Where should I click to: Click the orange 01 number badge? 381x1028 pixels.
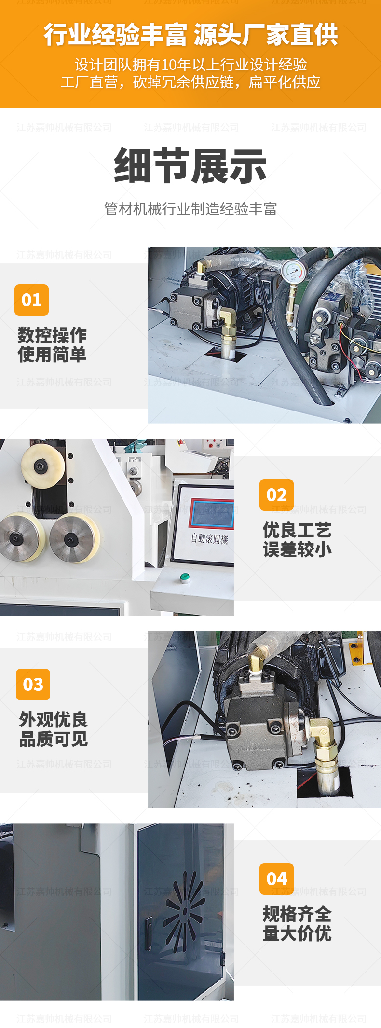point(31,300)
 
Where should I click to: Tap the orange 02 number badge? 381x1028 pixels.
point(276,494)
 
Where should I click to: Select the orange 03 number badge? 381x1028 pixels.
point(33,684)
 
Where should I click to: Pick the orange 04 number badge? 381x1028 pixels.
point(276,878)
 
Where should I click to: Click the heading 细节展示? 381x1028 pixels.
point(190,165)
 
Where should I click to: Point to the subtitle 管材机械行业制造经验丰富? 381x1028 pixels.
point(190,209)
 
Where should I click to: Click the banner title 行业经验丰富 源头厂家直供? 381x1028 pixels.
point(190,35)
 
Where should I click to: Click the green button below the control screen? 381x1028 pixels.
point(184,577)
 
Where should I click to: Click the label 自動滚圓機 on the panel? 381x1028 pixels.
point(209,538)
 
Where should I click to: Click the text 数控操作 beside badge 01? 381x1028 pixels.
point(52,335)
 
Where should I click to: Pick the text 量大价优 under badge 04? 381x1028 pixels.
point(297,933)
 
